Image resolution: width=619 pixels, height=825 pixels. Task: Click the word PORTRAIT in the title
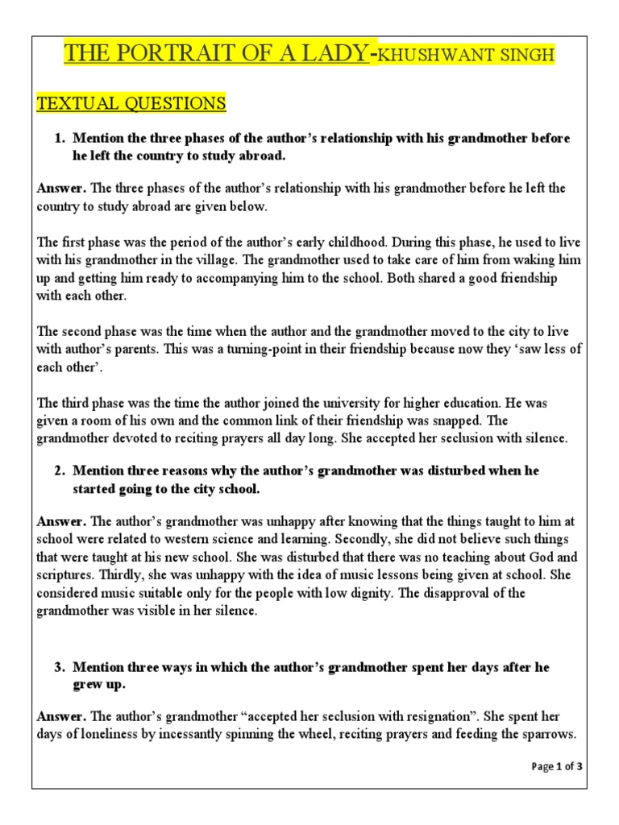click(174, 55)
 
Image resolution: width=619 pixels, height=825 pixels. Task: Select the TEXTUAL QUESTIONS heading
click(131, 103)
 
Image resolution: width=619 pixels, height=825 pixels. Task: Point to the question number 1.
click(60, 139)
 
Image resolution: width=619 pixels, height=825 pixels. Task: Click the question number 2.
click(60, 470)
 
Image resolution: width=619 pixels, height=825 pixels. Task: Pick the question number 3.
click(60, 668)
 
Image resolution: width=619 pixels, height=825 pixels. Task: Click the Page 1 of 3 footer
click(557, 767)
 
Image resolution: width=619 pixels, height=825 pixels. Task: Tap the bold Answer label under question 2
click(61, 522)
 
